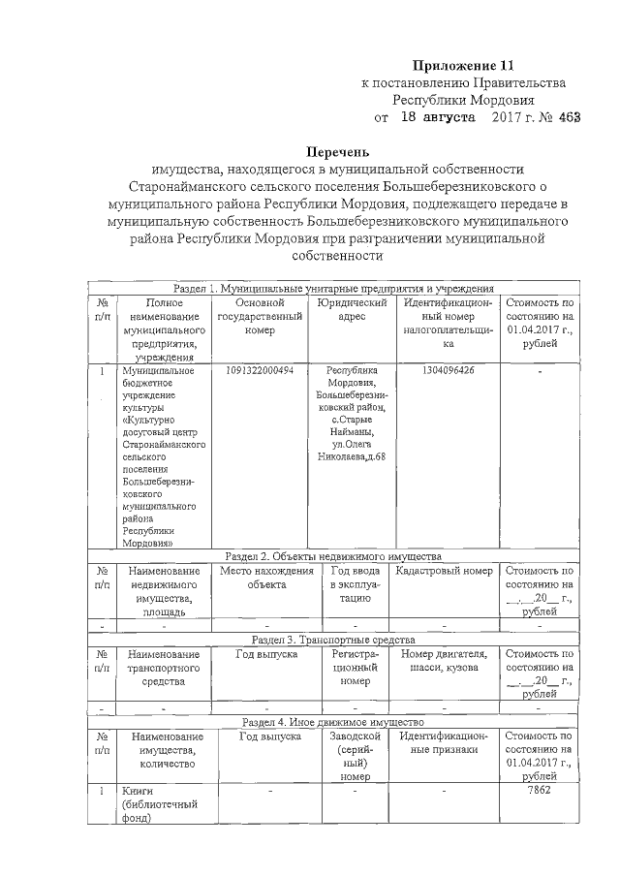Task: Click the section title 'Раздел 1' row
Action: (334, 288)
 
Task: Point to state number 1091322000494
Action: (259, 370)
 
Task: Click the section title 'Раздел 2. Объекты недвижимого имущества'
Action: (333, 556)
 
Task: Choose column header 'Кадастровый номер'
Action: (445, 571)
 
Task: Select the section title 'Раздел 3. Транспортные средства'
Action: (333, 640)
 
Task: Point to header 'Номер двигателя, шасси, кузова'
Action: (444, 661)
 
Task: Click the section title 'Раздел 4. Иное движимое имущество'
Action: (333, 723)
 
